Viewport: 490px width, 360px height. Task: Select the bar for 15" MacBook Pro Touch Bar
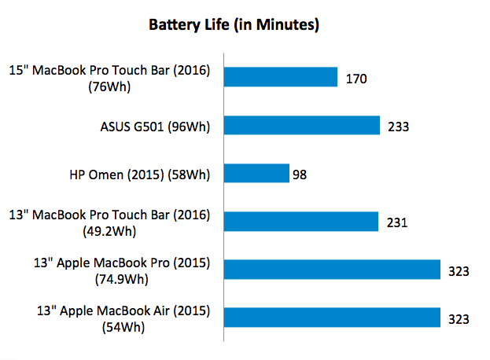281,77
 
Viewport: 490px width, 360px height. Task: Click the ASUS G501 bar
302,125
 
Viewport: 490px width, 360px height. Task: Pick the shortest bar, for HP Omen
256,173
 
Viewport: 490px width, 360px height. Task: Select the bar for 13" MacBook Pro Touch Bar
301,222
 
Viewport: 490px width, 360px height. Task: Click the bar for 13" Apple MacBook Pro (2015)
332,270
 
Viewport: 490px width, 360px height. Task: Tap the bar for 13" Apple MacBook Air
332,318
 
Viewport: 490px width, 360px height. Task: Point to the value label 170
356,78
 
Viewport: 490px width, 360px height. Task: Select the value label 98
300,174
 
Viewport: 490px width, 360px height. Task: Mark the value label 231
396,222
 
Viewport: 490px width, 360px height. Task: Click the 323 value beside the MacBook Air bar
459,318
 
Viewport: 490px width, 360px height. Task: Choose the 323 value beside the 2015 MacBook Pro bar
459,270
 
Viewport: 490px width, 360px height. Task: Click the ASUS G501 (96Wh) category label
154,125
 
